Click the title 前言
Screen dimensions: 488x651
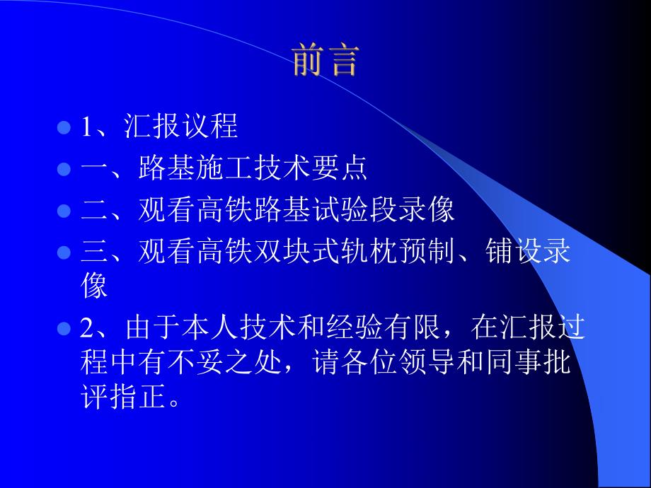click(x=326, y=62)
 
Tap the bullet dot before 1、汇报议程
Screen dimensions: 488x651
click(x=63, y=128)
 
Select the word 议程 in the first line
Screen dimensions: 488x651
click(x=214, y=128)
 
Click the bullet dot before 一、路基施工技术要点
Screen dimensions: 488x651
click(x=63, y=169)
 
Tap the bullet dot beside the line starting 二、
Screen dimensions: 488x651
click(x=63, y=211)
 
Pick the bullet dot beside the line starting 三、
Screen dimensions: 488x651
click(x=63, y=252)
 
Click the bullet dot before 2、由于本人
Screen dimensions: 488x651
click(x=63, y=328)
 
